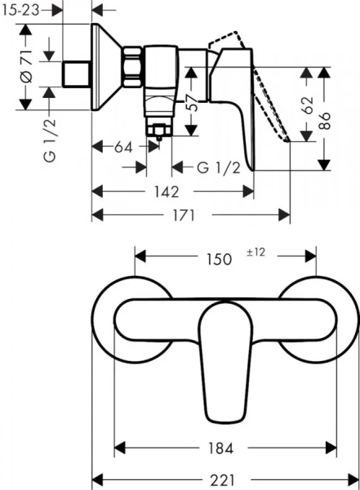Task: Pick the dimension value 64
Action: coord(123,147)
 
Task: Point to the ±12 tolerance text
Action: coord(256,252)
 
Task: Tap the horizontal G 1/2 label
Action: coord(218,168)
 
